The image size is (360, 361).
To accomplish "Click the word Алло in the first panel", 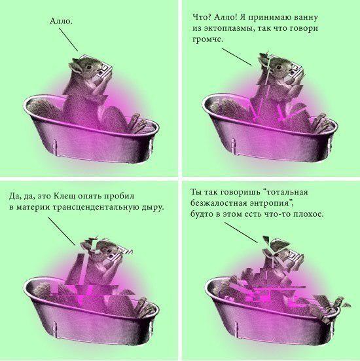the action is click(60, 22).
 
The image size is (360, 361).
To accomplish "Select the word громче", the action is click(207, 39).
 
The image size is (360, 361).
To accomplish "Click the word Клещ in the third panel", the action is click(64, 196).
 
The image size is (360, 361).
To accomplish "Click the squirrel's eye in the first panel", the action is click(89, 67).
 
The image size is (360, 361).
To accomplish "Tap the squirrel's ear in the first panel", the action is click(75, 65).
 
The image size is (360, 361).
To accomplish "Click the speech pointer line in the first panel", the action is click(68, 39).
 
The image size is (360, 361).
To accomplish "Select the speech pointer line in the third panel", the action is click(62, 231).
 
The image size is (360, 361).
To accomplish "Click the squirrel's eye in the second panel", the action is click(279, 67).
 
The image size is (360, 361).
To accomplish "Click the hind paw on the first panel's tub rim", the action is click(139, 124).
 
